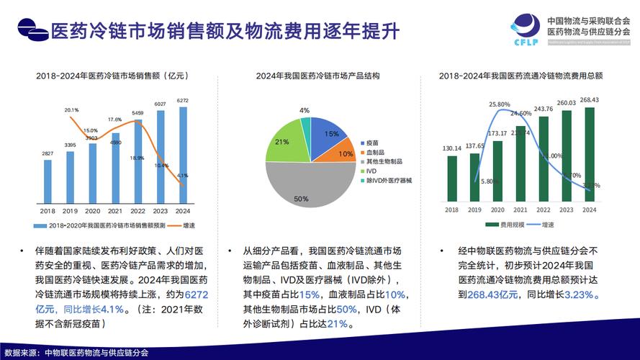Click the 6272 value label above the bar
(183, 101)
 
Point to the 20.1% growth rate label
(71, 110)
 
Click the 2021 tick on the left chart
(115, 211)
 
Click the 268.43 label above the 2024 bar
(590, 100)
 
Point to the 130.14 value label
(452, 148)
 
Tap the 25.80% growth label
(500, 104)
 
